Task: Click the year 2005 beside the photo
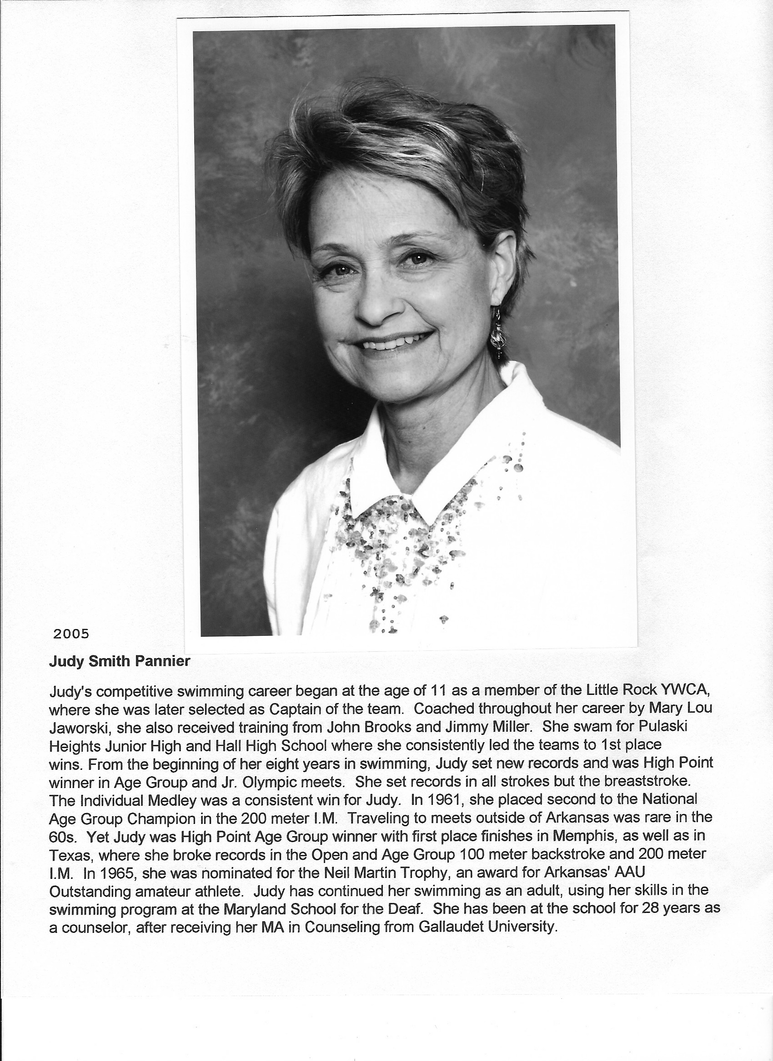click(x=71, y=634)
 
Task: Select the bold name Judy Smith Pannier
click(x=120, y=661)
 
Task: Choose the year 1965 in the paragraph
click(x=117, y=873)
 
